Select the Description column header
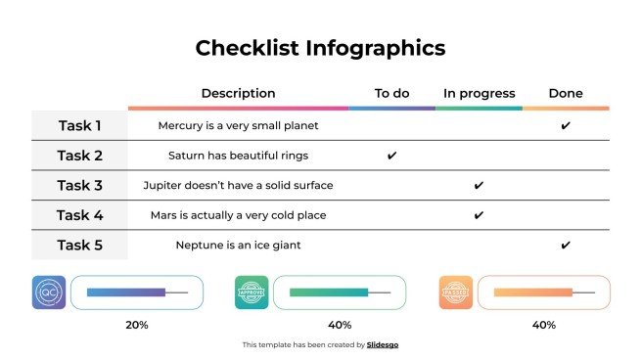tap(238, 94)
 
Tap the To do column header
tap(391, 94)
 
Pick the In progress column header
tap(479, 94)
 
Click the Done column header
tap(566, 94)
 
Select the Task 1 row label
tap(79, 125)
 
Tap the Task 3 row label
tap(79, 185)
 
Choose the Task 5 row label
tap(79, 245)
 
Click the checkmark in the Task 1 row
tap(566, 126)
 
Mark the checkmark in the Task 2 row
tap(391, 156)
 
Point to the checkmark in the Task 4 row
tap(479, 215)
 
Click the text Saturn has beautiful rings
tap(238, 156)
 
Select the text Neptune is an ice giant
tap(238, 245)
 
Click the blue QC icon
tap(49, 292)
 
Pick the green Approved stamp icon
tap(252, 292)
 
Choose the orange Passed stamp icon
tap(455, 292)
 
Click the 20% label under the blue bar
tap(137, 325)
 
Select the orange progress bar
tap(533, 292)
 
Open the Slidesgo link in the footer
tap(383, 345)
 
